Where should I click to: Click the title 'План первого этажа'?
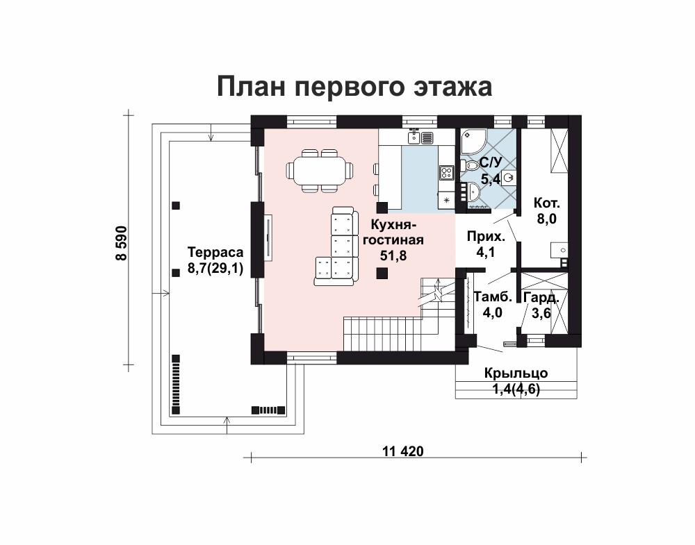tap(354, 86)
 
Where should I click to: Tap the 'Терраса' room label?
tap(215, 252)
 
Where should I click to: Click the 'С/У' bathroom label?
tap(491, 163)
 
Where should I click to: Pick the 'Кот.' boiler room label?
tap(546, 203)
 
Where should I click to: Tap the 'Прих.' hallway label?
tap(486, 237)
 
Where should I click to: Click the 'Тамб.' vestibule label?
tap(493, 296)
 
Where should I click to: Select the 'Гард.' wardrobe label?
tap(541, 298)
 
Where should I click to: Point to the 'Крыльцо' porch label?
tap(516, 374)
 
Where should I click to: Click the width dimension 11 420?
tap(403, 451)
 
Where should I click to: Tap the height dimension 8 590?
tap(121, 243)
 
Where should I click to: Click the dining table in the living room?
tap(320, 171)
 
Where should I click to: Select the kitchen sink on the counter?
tap(414, 137)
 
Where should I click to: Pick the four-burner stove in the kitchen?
tap(446, 171)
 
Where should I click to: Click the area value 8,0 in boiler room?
tap(546, 218)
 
